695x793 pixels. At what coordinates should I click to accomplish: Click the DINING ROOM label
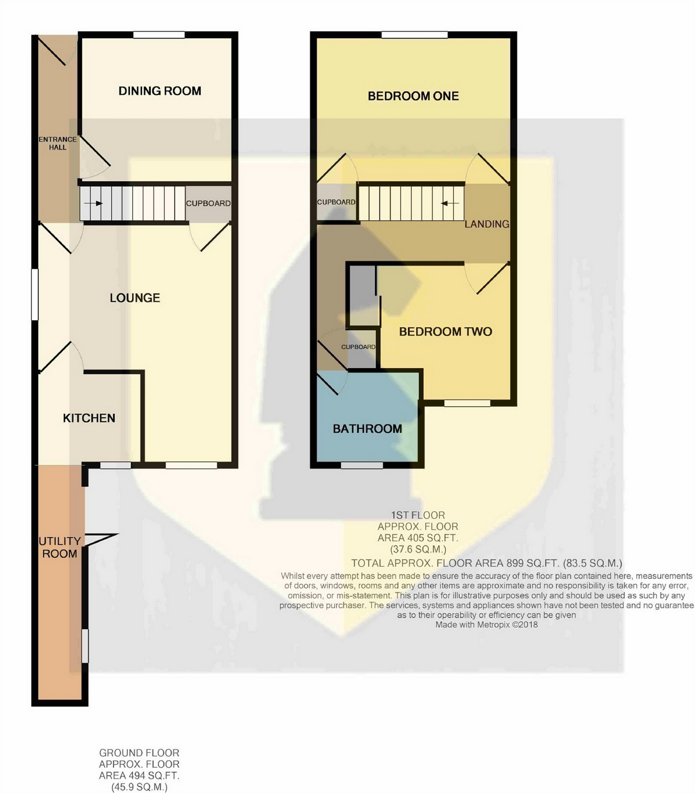click(160, 91)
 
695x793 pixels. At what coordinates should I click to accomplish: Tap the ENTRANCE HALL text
click(58, 143)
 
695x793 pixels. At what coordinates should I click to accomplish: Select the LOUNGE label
click(134, 298)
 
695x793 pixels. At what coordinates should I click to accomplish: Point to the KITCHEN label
click(89, 418)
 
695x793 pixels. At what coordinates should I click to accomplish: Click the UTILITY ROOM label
click(60, 547)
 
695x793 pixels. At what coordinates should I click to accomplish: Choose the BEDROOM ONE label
click(413, 96)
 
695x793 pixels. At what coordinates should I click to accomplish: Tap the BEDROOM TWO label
click(445, 332)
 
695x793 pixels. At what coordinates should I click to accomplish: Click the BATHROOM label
click(367, 428)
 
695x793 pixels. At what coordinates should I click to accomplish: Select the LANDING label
click(487, 224)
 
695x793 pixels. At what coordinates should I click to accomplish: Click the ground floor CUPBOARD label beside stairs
click(208, 203)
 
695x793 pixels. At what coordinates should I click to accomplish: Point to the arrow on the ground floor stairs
click(93, 203)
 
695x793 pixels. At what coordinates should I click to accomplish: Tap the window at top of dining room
click(159, 35)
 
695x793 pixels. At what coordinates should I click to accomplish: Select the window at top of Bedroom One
click(414, 35)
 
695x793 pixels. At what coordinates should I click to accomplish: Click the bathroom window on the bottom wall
click(361, 465)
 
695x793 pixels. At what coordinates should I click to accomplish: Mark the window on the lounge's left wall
click(35, 295)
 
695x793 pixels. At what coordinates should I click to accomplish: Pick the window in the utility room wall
click(85, 646)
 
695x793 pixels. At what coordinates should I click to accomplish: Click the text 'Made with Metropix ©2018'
click(486, 625)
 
